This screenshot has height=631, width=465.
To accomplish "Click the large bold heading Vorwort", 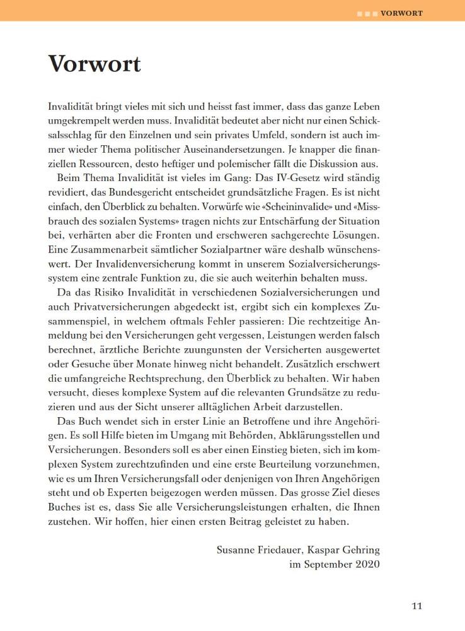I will pos(95,64).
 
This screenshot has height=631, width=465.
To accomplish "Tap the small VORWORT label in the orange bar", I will pos(401,13).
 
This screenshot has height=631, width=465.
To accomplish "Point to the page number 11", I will pos(416,607).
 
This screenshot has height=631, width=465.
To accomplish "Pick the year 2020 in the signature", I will pos(365,564).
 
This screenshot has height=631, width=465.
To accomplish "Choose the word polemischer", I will pos(231,163).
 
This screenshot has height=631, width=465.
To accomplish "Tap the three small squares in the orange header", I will pos(367,13).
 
